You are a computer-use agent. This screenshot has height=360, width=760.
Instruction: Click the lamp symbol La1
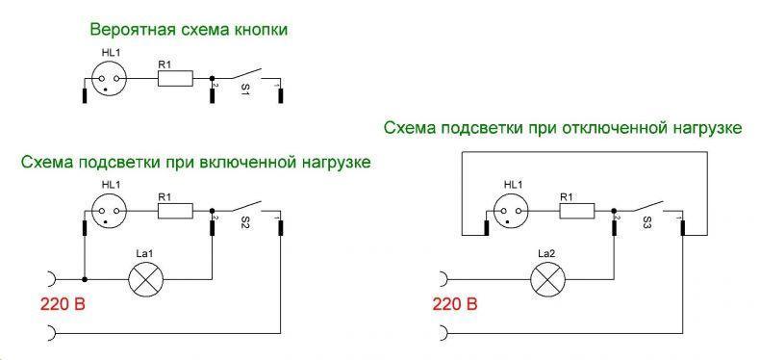[x=145, y=279]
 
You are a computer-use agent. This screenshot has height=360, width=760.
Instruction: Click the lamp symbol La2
[x=548, y=279]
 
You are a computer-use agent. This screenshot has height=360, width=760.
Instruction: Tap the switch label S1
[x=244, y=90]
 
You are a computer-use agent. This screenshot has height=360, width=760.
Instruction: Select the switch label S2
[x=244, y=223]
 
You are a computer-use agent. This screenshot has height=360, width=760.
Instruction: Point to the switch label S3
[x=646, y=223]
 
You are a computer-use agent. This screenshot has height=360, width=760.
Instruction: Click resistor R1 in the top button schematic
[x=175, y=78]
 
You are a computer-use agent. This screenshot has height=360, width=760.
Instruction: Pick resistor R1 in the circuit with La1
[x=175, y=211]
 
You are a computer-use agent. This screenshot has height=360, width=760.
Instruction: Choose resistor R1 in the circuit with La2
[x=577, y=211]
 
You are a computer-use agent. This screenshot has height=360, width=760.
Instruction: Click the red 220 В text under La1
[x=63, y=305]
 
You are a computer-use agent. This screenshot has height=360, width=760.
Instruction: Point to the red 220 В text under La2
[x=455, y=305]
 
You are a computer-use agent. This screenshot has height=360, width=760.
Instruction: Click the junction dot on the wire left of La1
[x=85, y=279]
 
